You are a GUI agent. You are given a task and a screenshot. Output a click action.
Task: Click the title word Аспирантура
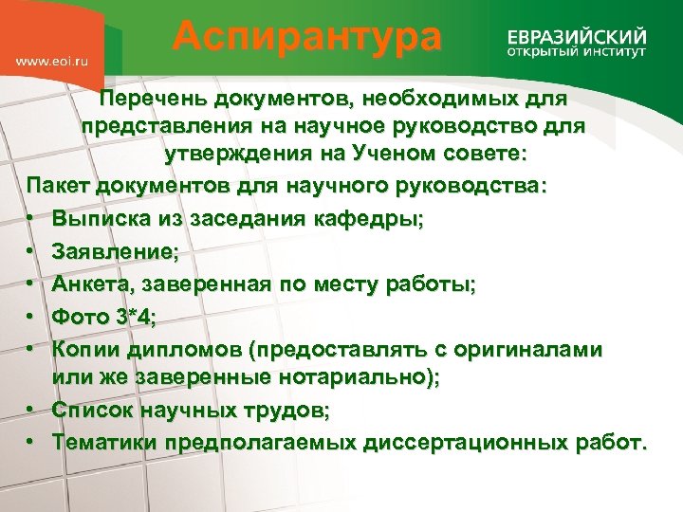tap(307, 38)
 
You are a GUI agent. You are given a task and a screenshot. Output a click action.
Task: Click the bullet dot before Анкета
tap(31, 283)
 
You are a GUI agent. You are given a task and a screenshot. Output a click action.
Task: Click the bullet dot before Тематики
tap(31, 442)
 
